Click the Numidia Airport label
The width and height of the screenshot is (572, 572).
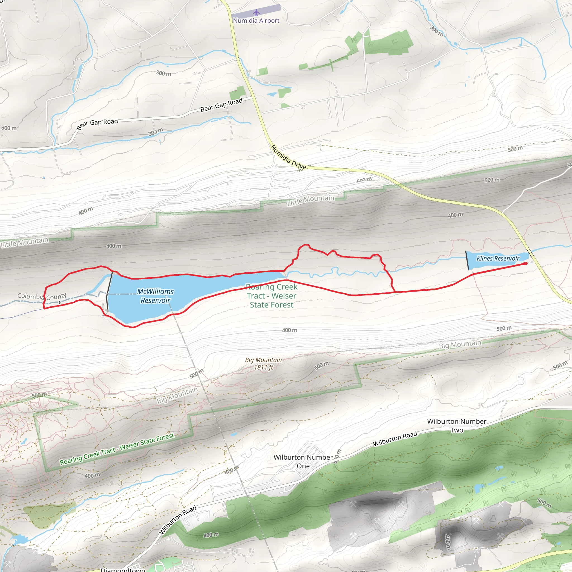click(256, 20)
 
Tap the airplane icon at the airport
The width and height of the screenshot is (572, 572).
click(256, 13)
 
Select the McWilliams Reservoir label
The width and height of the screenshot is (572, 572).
click(156, 296)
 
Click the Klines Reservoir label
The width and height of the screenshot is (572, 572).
click(498, 258)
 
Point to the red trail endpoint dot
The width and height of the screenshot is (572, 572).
click(526, 263)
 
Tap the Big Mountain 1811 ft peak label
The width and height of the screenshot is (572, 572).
click(263, 364)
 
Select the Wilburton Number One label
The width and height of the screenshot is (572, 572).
click(303, 461)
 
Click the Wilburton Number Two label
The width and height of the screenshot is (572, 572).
click(457, 425)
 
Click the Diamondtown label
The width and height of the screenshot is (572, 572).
click(123, 569)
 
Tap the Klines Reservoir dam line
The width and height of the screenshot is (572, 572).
click(467, 261)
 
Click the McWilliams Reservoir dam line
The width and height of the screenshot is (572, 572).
click(109, 292)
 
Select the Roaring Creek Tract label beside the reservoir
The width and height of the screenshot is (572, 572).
click(271, 296)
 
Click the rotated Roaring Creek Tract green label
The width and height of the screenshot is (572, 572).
click(117, 449)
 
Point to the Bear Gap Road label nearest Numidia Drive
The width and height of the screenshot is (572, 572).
click(221, 105)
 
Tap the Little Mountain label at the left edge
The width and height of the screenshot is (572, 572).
click(25, 242)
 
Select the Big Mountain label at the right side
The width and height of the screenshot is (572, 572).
click(460, 344)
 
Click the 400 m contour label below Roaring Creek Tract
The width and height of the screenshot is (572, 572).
click(290, 330)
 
